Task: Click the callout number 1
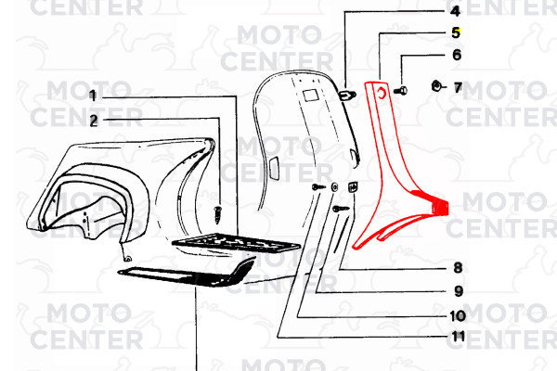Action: click(92, 96)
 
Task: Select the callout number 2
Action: click(94, 122)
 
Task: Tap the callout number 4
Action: click(455, 11)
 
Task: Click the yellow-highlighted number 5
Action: click(456, 32)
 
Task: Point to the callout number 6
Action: click(457, 55)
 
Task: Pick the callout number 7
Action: click(458, 87)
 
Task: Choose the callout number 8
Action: click(458, 268)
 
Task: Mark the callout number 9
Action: click(459, 291)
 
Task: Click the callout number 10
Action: click(458, 315)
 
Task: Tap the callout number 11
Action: click(458, 336)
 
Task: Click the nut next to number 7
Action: click(436, 86)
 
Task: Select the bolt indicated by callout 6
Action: click(400, 91)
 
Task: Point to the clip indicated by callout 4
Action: click(347, 95)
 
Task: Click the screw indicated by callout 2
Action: click(217, 215)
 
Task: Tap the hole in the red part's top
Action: click(382, 93)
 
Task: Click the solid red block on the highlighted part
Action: click(439, 208)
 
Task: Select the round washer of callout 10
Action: click(334, 186)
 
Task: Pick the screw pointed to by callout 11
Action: click(318, 186)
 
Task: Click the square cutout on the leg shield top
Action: click(310, 96)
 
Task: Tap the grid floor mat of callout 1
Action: click(236, 242)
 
